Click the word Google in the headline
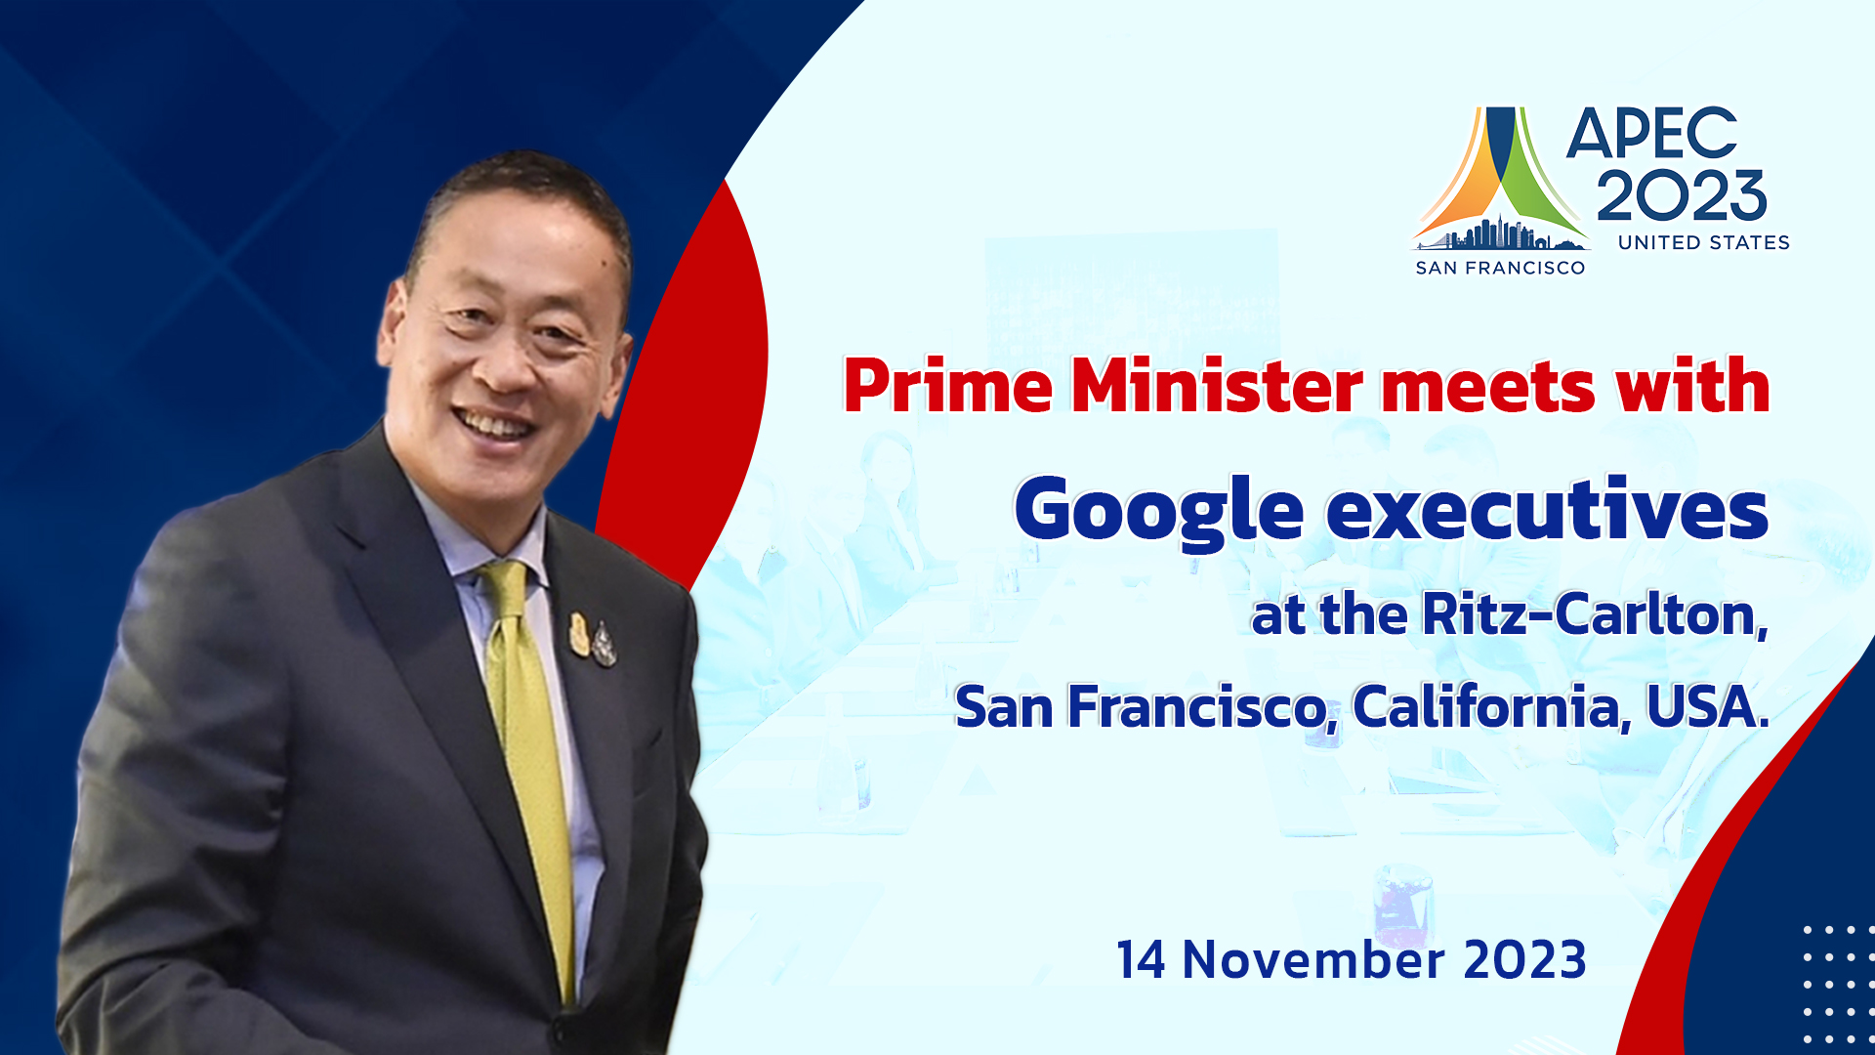pos(1159,511)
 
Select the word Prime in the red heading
pos(948,386)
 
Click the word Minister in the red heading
pos(1217,386)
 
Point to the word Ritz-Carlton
pos(1595,614)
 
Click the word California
pos(1491,706)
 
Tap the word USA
pos(1708,706)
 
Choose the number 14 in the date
pos(1142,959)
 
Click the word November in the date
pos(1313,959)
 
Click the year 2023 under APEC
pos(1682,194)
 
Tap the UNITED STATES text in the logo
pos(1704,242)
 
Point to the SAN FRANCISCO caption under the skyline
pos(1500,268)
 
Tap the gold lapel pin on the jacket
pos(580,634)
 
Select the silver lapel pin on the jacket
pos(604,645)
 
